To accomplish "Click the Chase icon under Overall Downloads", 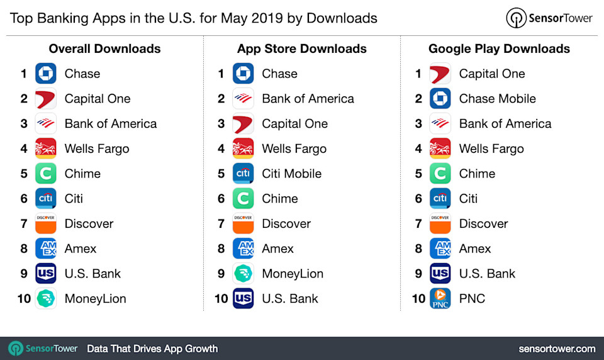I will coord(46,74).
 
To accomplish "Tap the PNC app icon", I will coord(440,298).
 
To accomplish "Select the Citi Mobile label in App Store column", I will coord(291,174).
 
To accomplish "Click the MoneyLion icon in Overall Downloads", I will coord(46,298).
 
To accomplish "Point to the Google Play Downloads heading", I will coord(499,49).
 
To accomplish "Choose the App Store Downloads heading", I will coord(302,49).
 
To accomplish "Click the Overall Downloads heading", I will coord(104,49).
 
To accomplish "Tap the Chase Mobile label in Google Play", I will coord(497,99).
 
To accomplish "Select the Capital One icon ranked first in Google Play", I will coord(440,74).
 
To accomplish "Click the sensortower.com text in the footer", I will coord(557,349).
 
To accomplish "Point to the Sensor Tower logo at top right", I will coord(549,18).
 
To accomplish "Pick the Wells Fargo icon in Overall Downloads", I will coord(46,149).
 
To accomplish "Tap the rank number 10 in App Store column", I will coord(221,298).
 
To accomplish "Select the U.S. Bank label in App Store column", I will coord(290,298).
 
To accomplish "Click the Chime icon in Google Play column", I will coord(440,174).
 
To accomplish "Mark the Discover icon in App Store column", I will coord(243,223).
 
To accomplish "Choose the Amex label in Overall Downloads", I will coord(81,249).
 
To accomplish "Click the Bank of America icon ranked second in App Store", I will coord(243,99).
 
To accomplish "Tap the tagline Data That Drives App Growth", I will coord(152,349).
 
